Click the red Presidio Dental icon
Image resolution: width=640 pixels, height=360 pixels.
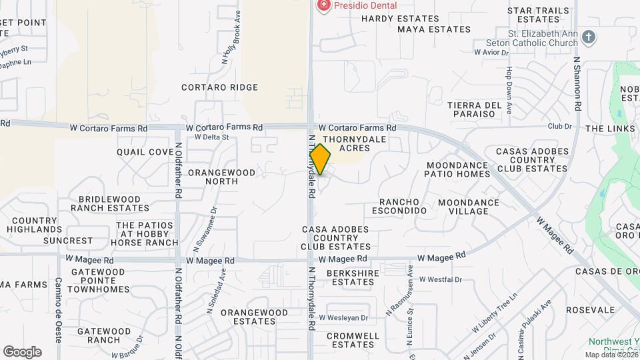click(x=323, y=5)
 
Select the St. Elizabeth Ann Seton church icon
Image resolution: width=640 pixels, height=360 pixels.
click(x=588, y=37)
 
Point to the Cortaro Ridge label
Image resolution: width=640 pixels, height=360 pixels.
click(x=219, y=87)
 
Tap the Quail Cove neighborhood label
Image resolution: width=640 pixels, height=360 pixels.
click(x=145, y=152)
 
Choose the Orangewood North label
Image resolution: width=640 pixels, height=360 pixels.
click(x=221, y=177)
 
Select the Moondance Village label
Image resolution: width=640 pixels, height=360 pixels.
click(x=468, y=207)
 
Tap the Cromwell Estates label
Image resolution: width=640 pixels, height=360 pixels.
click(x=353, y=340)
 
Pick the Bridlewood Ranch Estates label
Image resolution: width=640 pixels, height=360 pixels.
click(x=110, y=203)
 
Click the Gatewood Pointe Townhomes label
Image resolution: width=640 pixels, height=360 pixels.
click(x=99, y=281)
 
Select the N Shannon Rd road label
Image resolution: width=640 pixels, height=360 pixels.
click(x=578, y=85)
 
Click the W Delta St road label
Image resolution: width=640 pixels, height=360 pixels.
click(x=211, y=137)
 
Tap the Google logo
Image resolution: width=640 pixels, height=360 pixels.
click(x=22, y=351)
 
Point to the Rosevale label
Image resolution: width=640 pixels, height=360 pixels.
click(x=590, y=310)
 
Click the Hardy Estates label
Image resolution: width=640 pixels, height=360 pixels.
click(x=400, y=19)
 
